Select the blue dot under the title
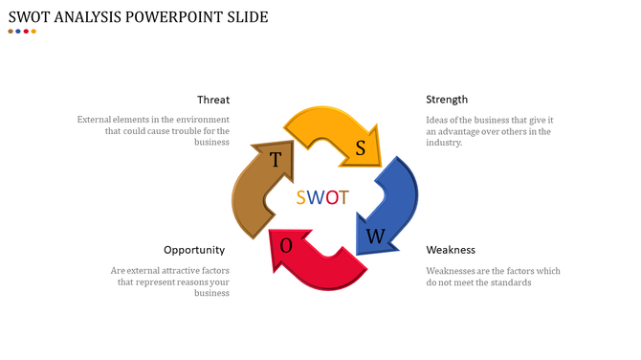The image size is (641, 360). pyautogui.click(x=18, y=32)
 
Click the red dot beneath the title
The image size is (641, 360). pyautogui.click(x=26, y=32)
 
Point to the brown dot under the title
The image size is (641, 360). pyautogui.click(x=11, y=32)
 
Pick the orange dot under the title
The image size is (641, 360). pyautogui.click(x=33, y=32)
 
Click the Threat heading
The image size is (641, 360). pyautogui.click(x=212, y=100)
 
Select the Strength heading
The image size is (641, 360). pyautogui.click(x=447, y=100)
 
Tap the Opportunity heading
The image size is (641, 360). pyautogui.click(x=194, y=250)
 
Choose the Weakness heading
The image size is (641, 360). pyautogui.click(x=451, y=250)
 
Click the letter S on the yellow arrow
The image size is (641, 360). pyautogui.click(x=361, y=147)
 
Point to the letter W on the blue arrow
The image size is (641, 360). pyautogui.click(x=377, y=236)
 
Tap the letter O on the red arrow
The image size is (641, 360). pyautogui.click(x=286, y=246)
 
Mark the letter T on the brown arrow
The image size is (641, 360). pyautogui.click(x=276, y=159)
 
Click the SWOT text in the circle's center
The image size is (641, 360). pyautogui.click(x=322, y=198)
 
